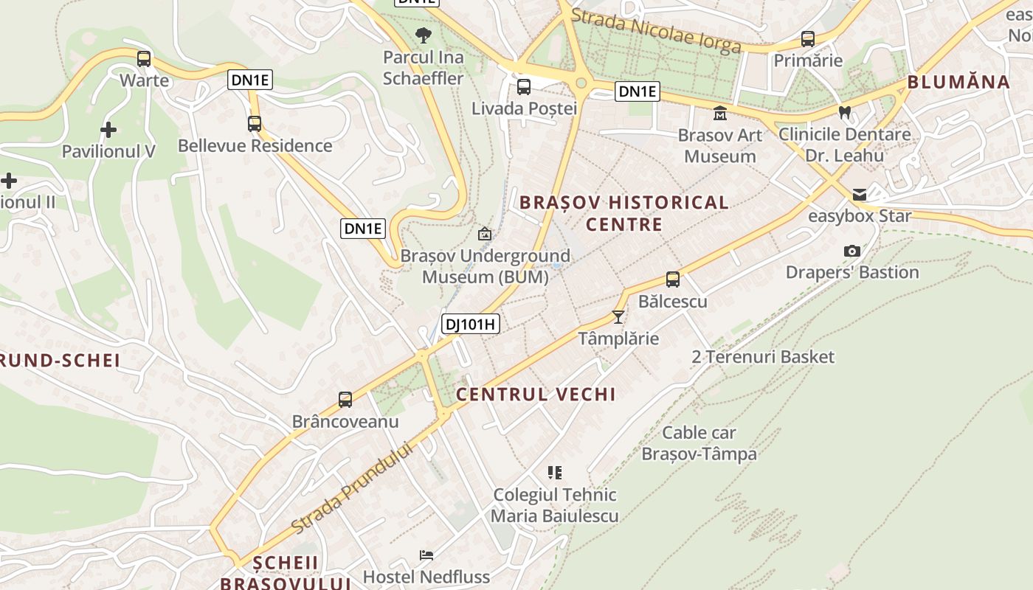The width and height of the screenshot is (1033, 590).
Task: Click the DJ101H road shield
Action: click(x=470, y=323)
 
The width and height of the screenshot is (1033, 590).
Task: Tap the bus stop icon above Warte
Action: click(x=144, y=58)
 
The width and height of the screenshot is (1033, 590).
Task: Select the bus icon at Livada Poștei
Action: click(x=524, y=87)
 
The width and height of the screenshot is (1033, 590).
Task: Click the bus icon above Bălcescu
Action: click(x=673, y=280)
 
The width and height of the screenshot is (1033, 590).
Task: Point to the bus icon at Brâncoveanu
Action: click(x=345, y=400)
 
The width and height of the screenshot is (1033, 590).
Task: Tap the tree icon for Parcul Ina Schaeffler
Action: click(x=424, y=35)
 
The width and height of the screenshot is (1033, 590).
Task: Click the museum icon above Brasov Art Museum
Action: click(x=719, y=114)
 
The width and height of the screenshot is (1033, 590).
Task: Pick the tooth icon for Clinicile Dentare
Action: click(x=845, y=113)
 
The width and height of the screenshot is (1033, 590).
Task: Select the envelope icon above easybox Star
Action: click(x=860, y=195)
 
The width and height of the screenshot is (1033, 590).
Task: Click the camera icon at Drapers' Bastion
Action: click(x=852, y=251)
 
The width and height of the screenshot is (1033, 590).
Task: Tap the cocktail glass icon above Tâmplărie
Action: click(x=618, y=317)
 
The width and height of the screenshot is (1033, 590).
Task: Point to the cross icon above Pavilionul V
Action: click(x=108, y=130)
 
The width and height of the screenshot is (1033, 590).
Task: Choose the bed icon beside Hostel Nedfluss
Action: click(x=426, y=555)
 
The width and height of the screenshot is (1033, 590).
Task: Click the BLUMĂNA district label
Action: click(x=958, y=82)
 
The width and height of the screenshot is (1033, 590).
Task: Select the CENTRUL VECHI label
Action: click(x=536, y=394)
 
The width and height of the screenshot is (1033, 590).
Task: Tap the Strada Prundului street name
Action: click(x=350, y=487)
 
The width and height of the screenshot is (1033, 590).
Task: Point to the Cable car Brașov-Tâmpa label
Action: click(x=699, y=443)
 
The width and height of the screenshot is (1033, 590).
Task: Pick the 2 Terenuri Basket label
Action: click(x=763, y=357)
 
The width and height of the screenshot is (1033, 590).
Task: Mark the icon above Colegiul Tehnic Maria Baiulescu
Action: click(x=555, y=472)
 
